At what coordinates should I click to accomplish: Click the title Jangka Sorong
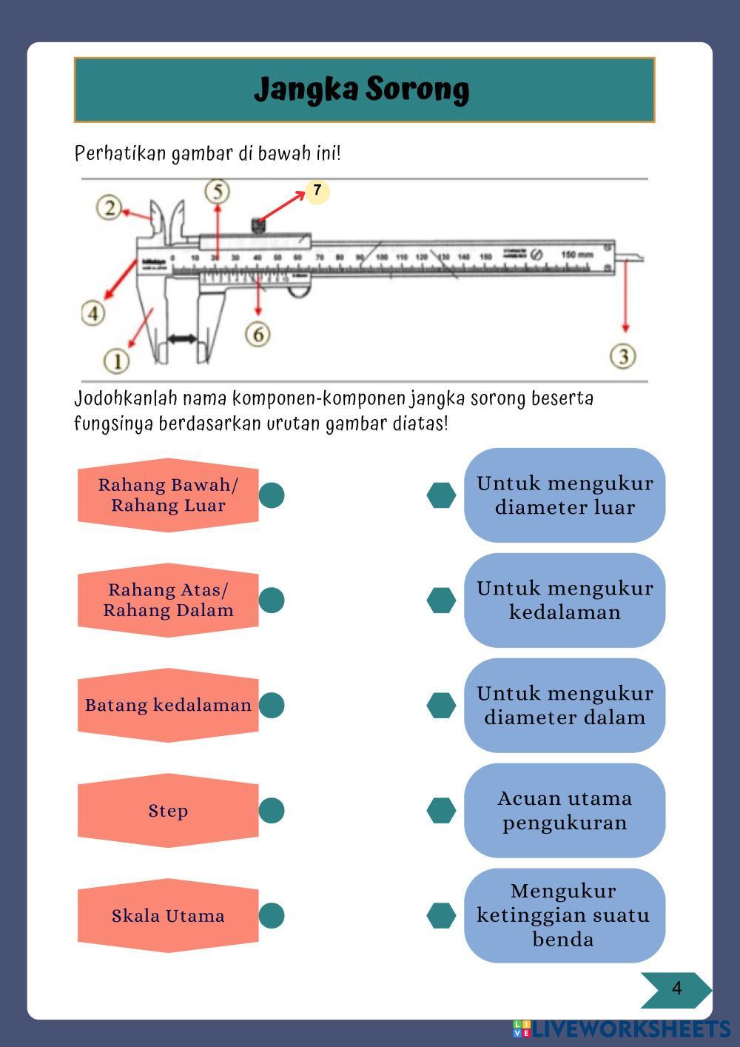point(362,90)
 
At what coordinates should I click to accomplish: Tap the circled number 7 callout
point(317,191)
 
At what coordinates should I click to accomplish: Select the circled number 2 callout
point(110,207)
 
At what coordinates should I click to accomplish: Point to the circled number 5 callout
point(217,192)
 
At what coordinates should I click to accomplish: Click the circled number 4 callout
point(93,312)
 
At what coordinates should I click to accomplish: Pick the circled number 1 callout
point(117,361)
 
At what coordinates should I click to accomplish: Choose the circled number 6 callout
point(258,334)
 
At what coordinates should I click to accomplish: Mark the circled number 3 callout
point(623,356)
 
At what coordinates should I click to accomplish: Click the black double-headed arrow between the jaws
point(182,339)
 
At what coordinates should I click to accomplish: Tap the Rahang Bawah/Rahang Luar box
point(168,495)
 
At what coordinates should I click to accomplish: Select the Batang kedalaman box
point(168,705)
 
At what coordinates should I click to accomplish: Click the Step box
point(168,810)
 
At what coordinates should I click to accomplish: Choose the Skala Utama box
point(168,915)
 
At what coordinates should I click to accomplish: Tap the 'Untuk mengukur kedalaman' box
point(565,600)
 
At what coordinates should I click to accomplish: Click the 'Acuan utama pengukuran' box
point(565,810)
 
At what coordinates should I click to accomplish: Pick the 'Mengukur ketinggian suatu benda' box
point(565,915)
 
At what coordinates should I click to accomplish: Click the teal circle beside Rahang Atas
point(272,600)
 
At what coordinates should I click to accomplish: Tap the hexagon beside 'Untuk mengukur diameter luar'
point(441,495)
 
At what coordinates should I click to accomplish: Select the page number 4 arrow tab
point(675,989)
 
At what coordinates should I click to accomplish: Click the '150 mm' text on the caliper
point(577,255)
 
